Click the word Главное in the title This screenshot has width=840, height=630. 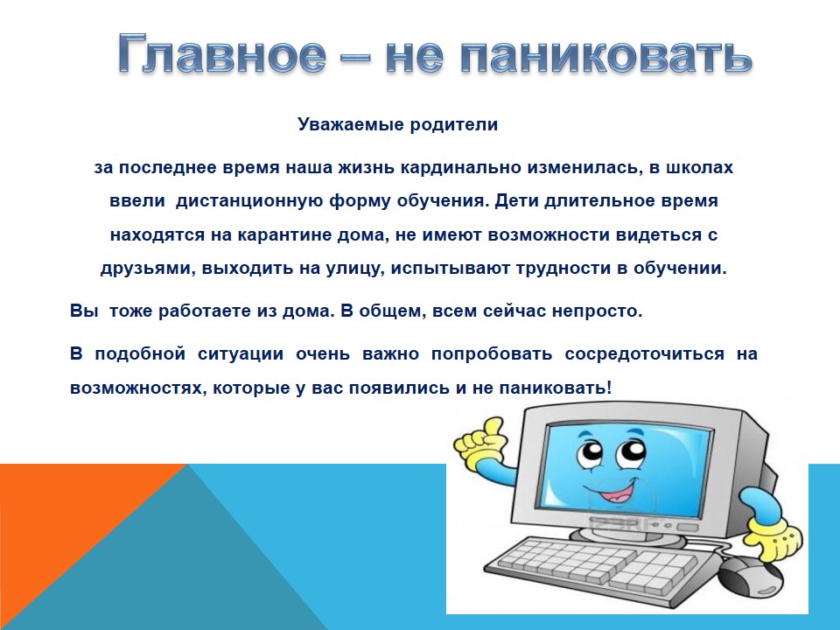tap(221, 53)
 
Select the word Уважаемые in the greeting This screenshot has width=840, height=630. tap(350, 125)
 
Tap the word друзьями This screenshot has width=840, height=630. tap(148, 269)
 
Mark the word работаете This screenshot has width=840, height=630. tap(205, 311)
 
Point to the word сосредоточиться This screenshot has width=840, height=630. tap(645, 354)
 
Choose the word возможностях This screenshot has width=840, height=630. tap(136, 388)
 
